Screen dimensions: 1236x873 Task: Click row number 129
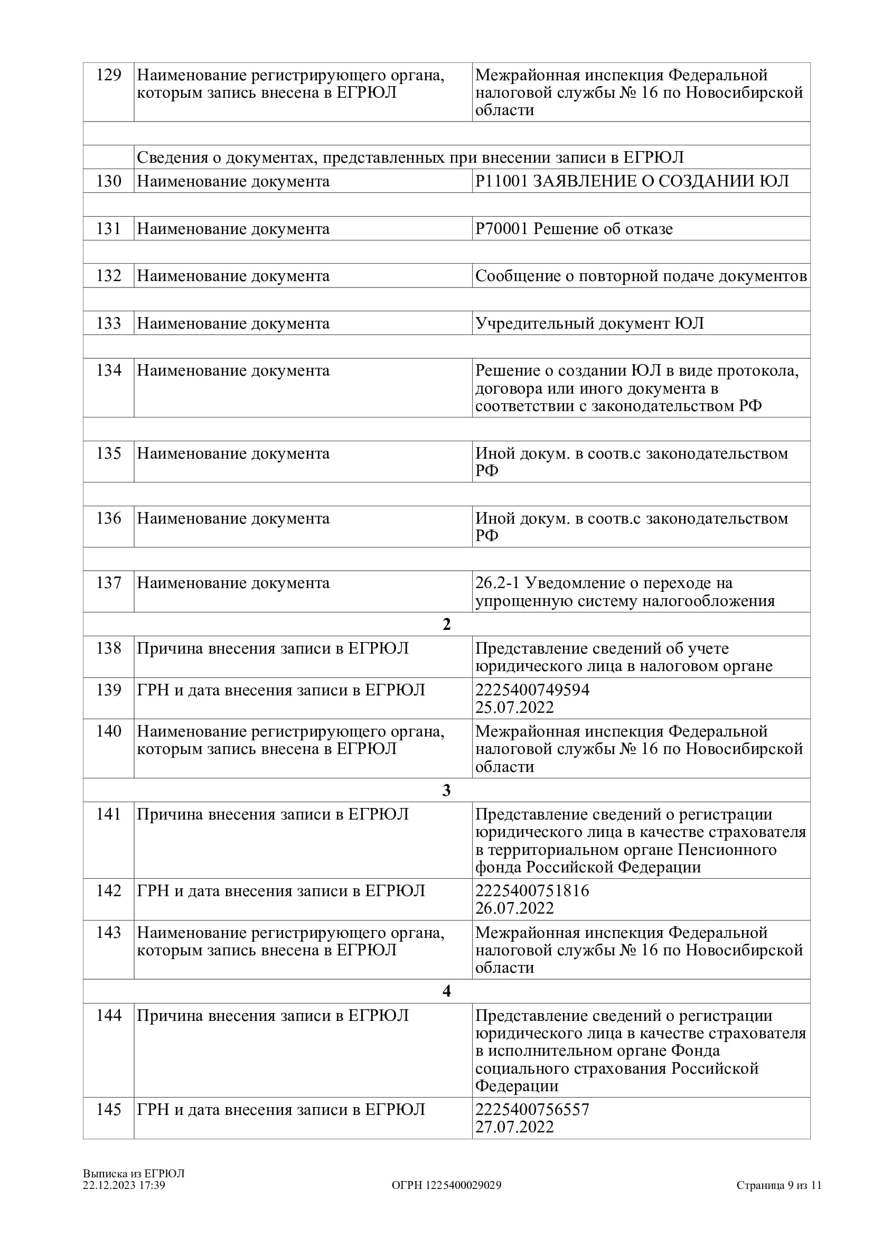point(109,75)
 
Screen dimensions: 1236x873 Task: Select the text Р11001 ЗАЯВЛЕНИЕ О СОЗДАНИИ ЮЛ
point(632,181)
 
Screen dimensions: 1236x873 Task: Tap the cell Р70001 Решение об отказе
point(574,229)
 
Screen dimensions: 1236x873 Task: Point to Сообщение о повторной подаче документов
point(641,276)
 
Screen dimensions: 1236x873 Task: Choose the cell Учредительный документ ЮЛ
point(589,323)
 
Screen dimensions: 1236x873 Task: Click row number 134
point(109,370)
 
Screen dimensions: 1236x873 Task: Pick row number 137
point(109,583)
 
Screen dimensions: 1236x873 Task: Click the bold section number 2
point(446,625)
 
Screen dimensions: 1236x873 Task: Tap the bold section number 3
point(446,790)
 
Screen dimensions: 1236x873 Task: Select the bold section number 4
point(446,991)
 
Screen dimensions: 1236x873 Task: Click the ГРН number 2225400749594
point(532,690)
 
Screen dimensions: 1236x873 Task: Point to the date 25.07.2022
point(514,708)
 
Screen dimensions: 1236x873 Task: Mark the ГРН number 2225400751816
point(532,891)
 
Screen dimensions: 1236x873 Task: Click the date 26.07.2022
point(514,908)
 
